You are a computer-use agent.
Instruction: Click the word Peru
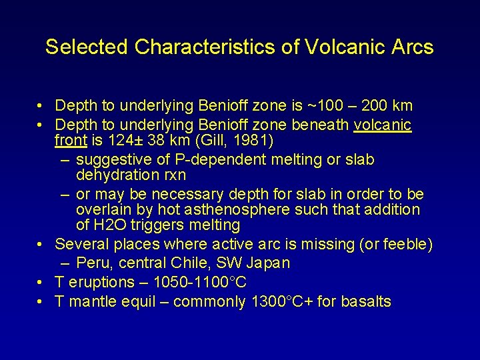pos(93,263)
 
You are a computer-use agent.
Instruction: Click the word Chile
pos(185,263)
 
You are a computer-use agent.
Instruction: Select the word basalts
pos(365,301)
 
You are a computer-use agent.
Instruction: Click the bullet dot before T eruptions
pos(41,282)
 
